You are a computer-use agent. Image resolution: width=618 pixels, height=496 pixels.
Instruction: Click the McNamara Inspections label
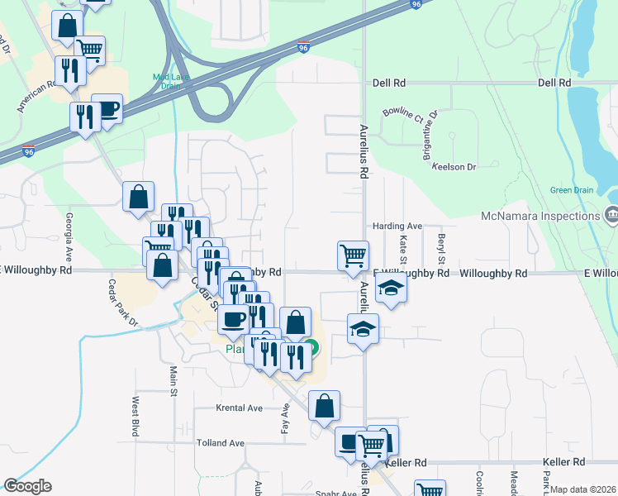[540, 217]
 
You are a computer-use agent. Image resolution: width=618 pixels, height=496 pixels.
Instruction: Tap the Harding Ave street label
[397, 226]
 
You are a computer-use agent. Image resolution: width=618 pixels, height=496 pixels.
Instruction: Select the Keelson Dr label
[455, 166]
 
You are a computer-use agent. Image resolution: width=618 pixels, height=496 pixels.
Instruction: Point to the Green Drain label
[572, 190]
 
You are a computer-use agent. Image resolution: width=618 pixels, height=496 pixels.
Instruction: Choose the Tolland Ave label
[221, 443]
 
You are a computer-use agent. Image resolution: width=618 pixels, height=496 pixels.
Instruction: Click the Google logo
[26, 486]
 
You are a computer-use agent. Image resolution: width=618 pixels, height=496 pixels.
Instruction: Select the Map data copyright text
[583, 489]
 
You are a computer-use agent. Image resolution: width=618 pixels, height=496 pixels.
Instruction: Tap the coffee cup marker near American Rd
[107, 108]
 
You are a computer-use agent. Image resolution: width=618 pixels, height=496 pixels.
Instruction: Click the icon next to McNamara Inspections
[611, 216]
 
